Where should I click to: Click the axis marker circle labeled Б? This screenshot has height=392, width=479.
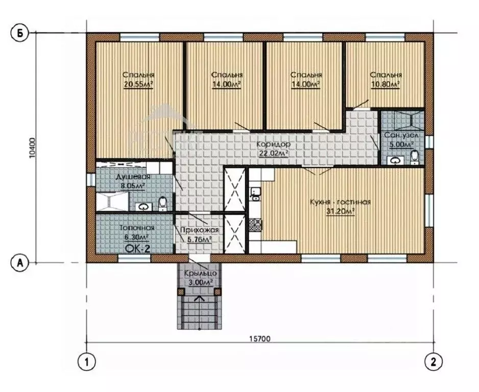pos(20,33)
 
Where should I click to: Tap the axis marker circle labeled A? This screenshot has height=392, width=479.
pos(20,262)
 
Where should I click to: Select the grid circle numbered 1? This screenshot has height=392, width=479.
pos(87,362)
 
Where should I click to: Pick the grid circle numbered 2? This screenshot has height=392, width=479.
pos(434,362)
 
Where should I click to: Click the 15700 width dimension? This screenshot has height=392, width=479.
pos(259,338)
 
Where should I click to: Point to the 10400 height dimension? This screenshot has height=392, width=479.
pos(33,148)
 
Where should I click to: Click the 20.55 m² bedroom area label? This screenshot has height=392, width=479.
pos(138,85)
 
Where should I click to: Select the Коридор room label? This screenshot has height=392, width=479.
pos(273,144)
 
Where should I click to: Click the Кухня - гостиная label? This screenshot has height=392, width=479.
pos(340,202)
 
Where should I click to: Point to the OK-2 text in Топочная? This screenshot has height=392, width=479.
pos(138,249)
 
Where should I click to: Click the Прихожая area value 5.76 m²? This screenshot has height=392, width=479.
pos(199,240)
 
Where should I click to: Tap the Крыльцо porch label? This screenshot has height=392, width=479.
pos(200,274)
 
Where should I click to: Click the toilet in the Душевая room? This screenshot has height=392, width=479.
pos(163,204)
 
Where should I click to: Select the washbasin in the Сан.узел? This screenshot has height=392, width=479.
pos(396,160)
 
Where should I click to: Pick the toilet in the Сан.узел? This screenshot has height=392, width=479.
pos(415,157)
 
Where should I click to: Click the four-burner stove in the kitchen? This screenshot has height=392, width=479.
pos(256,225)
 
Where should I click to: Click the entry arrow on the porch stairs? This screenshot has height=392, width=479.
pos(200,312)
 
